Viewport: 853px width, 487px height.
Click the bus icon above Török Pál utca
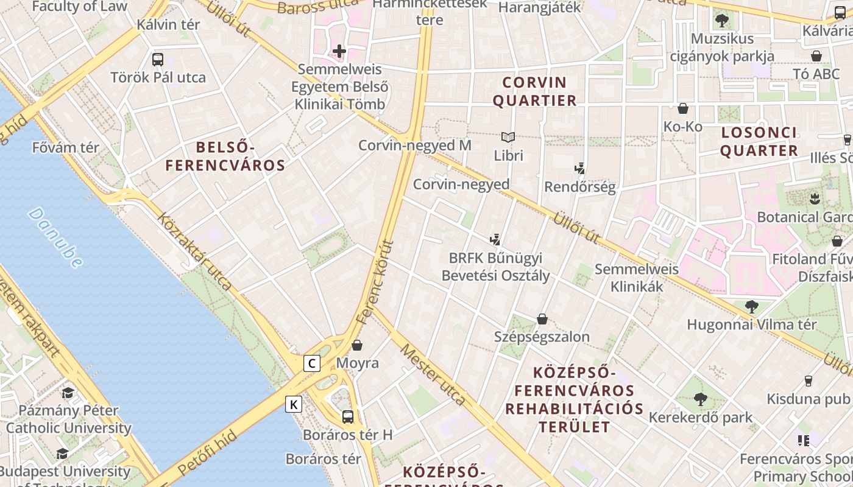click(x=158, y=60)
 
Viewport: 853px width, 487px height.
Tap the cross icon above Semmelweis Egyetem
click(x=339, y=51)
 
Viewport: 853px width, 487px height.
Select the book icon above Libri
click(x=508, y=138)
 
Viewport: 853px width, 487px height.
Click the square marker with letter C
click(x=312, y=364)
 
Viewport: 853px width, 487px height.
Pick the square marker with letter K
click(x=294, y=404)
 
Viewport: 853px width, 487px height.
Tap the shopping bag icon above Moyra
click(x=357, y=345)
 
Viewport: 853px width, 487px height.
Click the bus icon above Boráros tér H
click(x=347, y=417)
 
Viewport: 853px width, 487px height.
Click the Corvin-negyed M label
click(x=414, y=145)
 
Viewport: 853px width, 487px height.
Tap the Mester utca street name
click(x=433, y=374)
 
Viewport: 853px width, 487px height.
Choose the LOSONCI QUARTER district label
click(x=759, y=142)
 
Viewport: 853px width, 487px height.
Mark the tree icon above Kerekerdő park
click(x=701, y=399)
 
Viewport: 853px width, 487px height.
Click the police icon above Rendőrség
click(x=579, y=169)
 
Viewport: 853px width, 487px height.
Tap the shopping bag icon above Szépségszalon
click(x=542, y=319)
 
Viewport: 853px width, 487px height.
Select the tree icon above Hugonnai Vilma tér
click(x=751, y=306)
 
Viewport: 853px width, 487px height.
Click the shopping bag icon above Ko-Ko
click(x=683, y=108)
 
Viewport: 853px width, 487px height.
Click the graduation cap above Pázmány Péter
click(x=68, y=393)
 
